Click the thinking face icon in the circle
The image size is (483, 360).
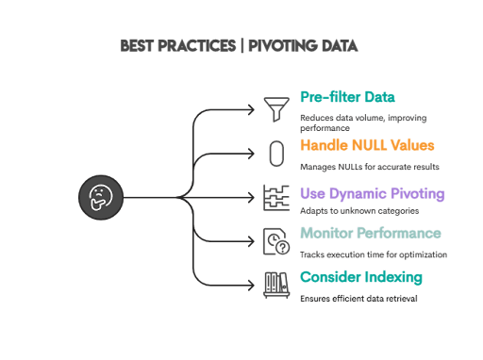(x=99, y=198)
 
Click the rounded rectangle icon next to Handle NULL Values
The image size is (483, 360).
(x=277, y=153)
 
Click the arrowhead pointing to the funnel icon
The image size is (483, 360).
(x=253, y=109)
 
